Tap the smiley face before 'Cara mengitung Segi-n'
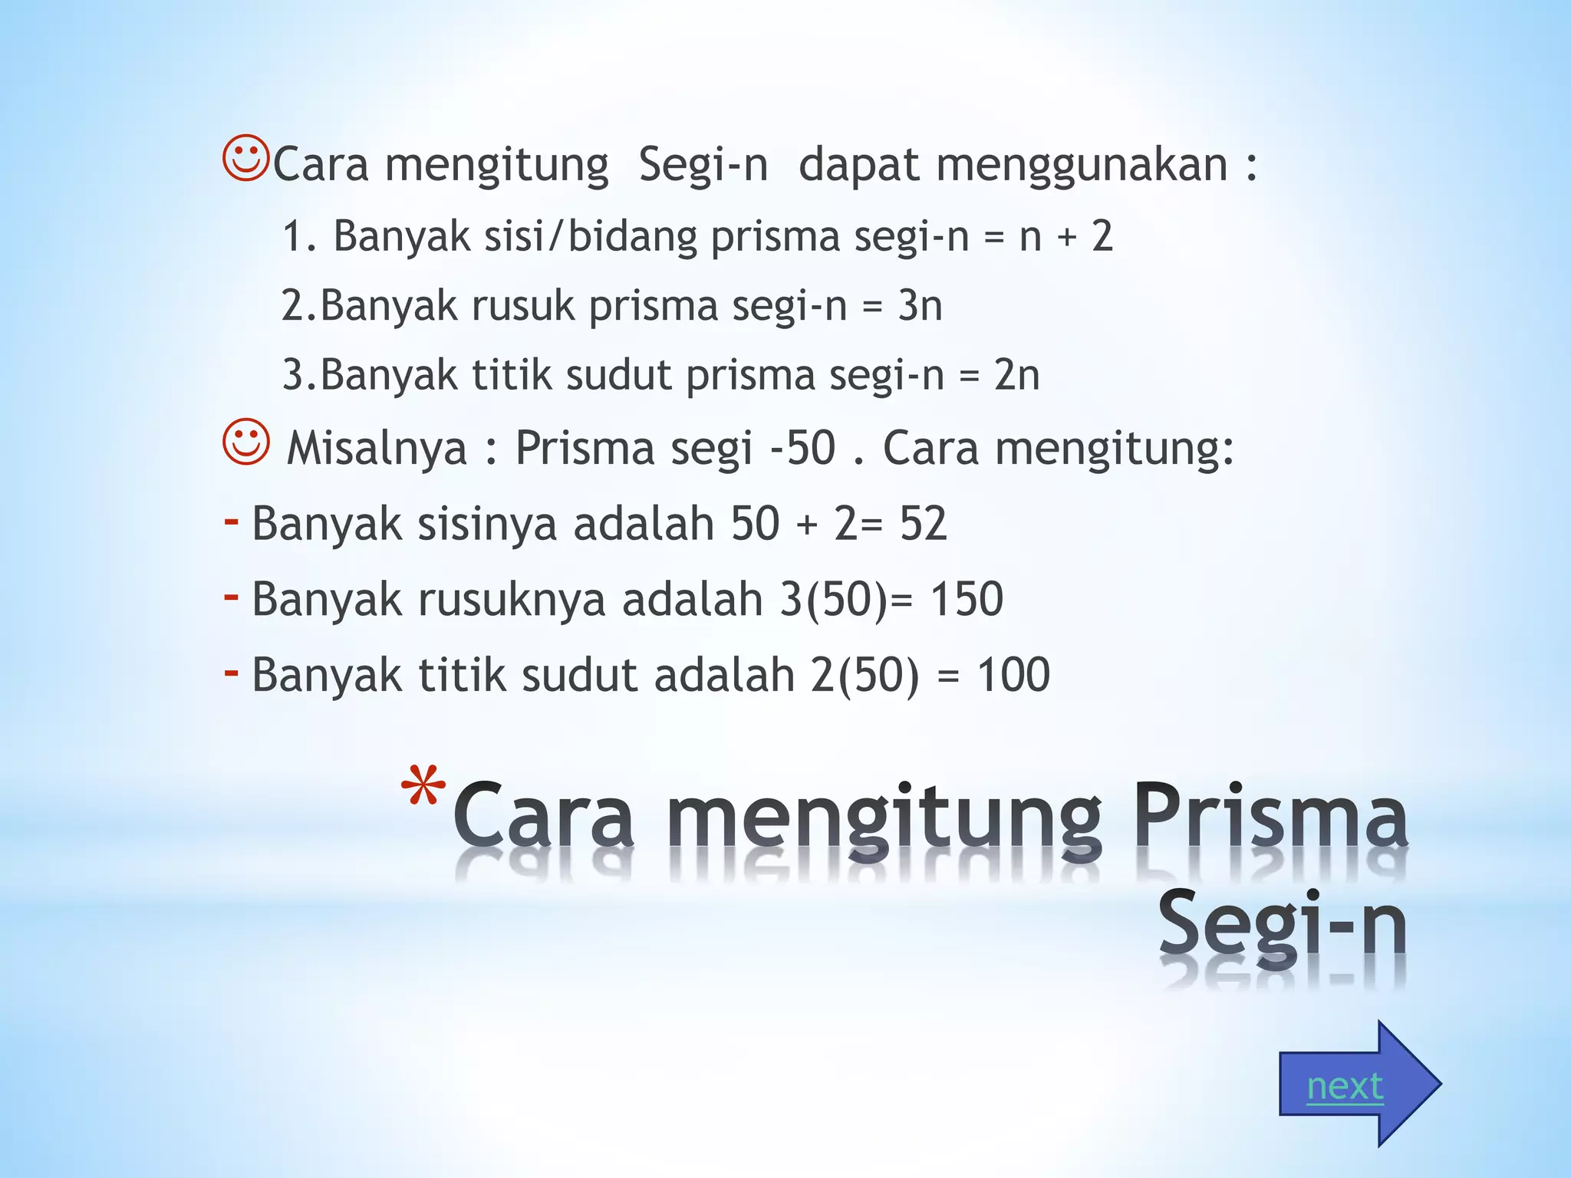click(x=245, y=159)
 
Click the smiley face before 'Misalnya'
click(x=246, y=442)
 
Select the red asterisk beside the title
click(x=423, y=789)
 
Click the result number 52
click(x=923, y=524)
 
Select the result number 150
click(x=967, y=599)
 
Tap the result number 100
click(x=1013, y=675)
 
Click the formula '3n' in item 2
click(x=920, y=305)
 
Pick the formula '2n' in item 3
click(x=1016, y=375)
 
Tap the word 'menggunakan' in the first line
click(x=1082, y=165)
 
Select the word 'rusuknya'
click(x=512, y=599)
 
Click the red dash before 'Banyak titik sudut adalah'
click(x=231, y=673)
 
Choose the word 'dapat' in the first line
click(x=858, y=165)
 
